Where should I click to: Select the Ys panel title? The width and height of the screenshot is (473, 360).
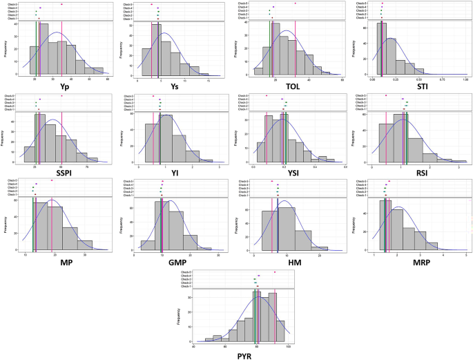(175, 87)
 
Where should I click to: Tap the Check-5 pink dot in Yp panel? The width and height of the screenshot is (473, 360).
(61, 4)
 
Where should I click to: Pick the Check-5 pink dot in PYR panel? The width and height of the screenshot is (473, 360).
(275, 272)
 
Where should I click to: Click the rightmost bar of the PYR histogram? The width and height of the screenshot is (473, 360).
(280, 332)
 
